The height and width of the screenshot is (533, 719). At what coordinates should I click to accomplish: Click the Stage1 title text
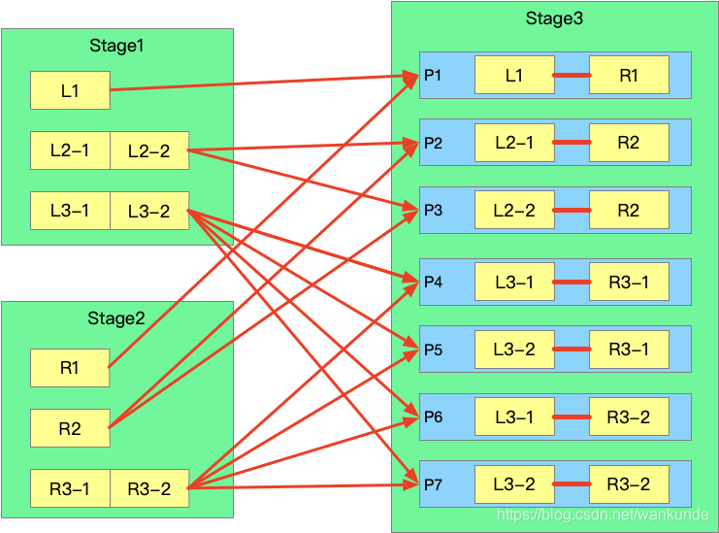tap(116, 46)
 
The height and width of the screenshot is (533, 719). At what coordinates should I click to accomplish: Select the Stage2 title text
tap(116, 318)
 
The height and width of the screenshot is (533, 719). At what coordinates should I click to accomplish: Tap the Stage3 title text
tap(554, 17)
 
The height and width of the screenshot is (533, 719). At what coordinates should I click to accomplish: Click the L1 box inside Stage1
tap(70, 90)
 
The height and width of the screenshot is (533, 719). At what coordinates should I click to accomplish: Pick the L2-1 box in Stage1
tap(70, 150)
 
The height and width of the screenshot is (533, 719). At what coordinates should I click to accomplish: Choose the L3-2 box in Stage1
tap(149, 211)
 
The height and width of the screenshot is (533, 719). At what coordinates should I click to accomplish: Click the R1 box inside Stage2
tap(70, 368)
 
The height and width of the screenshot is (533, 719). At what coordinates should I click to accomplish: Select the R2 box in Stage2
tap(70, 428)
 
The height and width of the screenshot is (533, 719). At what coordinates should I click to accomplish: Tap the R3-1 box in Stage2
tap(70, 488)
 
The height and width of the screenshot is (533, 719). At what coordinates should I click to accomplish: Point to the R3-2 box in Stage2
tap(149, 488)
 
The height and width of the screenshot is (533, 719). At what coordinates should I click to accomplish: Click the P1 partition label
tap(433, 75)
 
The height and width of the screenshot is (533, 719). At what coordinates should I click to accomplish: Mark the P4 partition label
tap(433, 282)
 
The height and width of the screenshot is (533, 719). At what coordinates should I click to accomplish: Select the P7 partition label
tap(433, 483)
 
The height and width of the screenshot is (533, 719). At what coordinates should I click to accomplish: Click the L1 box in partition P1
tap(513, 75)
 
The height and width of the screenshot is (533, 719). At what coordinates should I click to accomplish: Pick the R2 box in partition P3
tap(629, 210)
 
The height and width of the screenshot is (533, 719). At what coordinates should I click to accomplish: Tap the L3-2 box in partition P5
tap(513, 350)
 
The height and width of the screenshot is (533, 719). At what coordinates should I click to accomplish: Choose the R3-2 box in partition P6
tap(629, 416)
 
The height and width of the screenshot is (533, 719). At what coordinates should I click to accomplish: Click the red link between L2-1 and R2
tap(572, 143)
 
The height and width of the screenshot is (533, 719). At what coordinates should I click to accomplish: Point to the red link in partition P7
tap(572, 484)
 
